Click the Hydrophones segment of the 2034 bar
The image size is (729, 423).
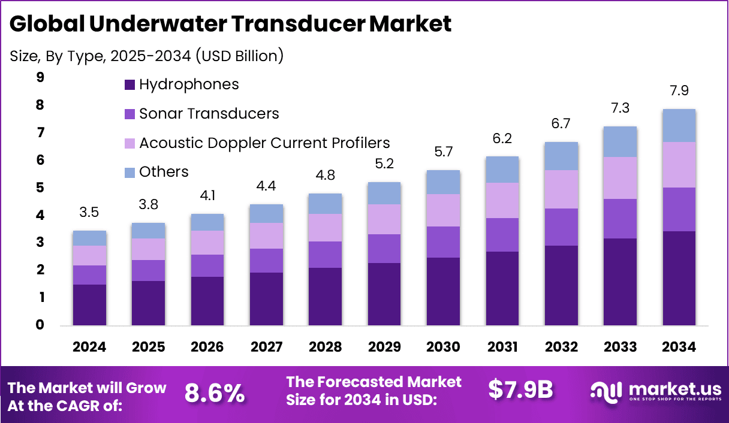tap(679, 278)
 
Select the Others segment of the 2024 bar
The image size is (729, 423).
tap(89, 238)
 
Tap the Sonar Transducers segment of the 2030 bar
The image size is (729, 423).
tap(443, 242)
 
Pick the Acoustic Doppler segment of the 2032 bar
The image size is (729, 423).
tap(561, 189)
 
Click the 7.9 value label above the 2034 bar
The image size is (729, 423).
tap(679, 91)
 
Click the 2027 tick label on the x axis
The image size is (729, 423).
tap(266, 347)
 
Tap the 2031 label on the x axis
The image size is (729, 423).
tap(502, 347)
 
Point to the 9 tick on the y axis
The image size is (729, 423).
tap(40, 77)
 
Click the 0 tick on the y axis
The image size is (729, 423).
tap(40, 325)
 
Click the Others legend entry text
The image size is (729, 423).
tap(164, 172)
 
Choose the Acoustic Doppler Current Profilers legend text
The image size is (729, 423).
tap(264, 143)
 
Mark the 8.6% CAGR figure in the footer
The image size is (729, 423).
tap(214, 392)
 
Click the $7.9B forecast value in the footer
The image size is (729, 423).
tap(520, 389)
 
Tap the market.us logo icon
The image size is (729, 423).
tap(606, 391)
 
